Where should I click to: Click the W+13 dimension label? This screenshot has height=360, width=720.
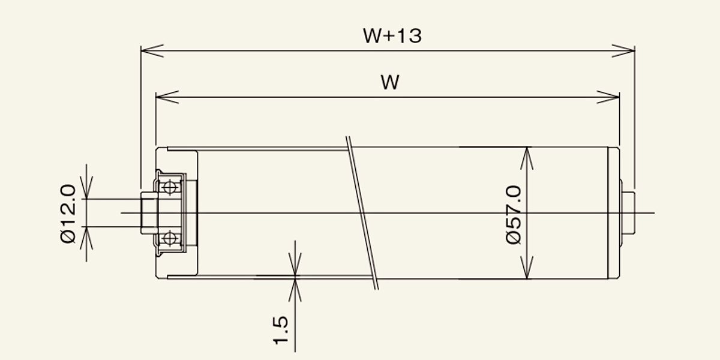(392, 35)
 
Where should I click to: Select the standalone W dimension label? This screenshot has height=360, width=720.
(390, 82)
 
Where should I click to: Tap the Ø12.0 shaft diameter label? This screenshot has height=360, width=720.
(68, 214)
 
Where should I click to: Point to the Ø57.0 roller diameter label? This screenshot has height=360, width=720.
(514, 215)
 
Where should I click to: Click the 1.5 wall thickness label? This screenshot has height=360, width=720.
(281, 331)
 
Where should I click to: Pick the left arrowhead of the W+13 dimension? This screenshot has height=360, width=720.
(152, 51)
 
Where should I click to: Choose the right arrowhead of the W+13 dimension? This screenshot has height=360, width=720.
(623, 51)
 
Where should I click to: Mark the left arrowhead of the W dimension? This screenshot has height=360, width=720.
(167, 97)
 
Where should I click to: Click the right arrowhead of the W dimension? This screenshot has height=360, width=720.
(608, 97)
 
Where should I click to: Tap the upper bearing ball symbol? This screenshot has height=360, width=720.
(170, 187)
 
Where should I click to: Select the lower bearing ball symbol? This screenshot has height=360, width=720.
(170, 239)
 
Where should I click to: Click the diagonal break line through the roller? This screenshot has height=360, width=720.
(362, 213)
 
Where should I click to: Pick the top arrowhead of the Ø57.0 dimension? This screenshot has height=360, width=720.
(527, 158)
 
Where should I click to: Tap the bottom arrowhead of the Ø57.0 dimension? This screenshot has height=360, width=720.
(527, 268)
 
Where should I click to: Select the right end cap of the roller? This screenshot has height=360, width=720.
(614, 213)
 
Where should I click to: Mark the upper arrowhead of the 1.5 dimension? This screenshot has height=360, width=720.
(295, 264)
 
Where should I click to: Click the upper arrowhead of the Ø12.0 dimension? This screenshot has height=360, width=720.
(86, 188)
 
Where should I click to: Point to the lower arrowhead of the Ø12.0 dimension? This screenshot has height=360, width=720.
(86, 238)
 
